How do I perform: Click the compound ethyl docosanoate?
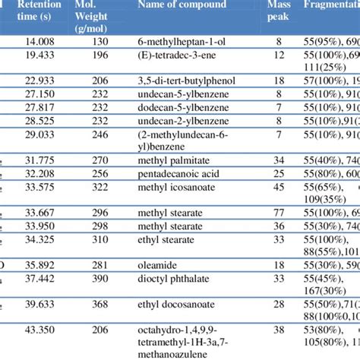pyautogui.click(x=175, y=303)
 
